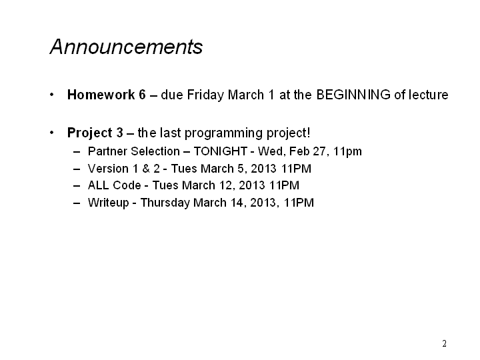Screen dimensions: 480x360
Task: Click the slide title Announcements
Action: [x=126, y=47]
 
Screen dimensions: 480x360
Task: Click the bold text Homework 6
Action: [x=107, y=95]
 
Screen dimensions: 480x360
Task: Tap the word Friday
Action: [x=205, y=95]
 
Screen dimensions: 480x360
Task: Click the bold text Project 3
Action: [x=95, y=133]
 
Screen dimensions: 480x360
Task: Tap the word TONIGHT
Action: [x=221, y=151]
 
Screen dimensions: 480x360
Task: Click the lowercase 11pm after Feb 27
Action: [x=347, y=152]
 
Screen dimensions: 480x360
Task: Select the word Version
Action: [x=108, y=169]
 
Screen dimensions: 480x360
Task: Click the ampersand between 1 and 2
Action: [x=146, y=169]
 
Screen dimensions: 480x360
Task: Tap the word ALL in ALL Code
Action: [x=99, y=185]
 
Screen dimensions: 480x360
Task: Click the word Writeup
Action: [x=109, y=203]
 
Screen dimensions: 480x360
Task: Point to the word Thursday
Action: [x=165, y=203]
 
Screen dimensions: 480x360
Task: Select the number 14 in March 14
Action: [x=237, y=203]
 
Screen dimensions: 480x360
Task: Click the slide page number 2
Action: [x=444, y=344]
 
